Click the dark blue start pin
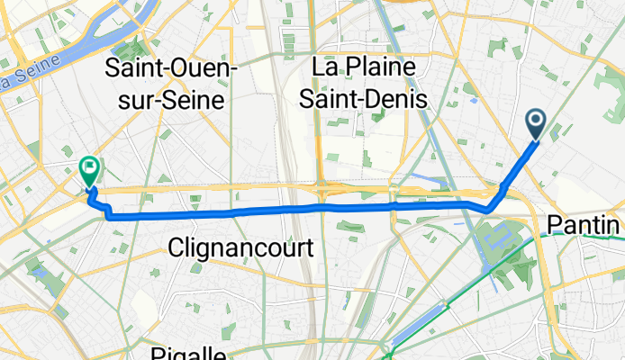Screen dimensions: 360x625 tap(534, 124)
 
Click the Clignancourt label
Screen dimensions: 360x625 tap(240, 247)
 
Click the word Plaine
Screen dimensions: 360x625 tap(382, 67)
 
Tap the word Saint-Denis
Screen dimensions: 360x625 tap(368, 97)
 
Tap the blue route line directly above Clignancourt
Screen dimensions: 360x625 tap(240, 214)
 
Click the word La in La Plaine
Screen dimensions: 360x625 tap(324, 67)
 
